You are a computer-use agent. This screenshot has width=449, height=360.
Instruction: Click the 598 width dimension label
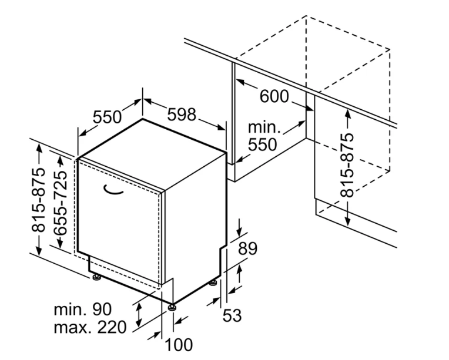pos(182,115)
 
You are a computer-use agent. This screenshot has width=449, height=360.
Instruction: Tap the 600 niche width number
pos(274,96)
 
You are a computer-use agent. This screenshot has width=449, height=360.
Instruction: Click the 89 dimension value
pos(247,248)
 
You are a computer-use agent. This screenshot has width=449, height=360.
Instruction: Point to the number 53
pos(232,315)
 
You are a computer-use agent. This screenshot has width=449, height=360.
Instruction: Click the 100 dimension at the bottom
pos(179,345)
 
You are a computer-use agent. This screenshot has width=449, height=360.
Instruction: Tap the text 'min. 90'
pos(83,309)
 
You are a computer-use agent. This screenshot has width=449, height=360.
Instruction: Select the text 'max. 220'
pos(90,327)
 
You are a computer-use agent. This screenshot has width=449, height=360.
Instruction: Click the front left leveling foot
pos(96,277)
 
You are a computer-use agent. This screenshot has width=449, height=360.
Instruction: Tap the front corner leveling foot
pos(172,307)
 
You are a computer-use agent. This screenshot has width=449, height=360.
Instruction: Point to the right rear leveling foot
pos(213,283)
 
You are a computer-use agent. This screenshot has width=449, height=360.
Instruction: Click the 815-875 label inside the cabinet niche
pos(347,165)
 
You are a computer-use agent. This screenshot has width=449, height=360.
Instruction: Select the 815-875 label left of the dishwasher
pos(38,200)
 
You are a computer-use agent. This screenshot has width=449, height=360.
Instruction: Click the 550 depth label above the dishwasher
pos(108,117)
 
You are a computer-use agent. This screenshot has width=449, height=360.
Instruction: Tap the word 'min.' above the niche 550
pos(264,127)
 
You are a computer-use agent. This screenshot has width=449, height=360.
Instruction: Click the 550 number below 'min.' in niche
pos(262,144)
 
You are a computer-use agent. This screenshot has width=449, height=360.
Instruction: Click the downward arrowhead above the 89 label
pos(239,232)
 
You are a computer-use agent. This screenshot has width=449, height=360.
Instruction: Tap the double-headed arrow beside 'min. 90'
pos(139,315)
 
